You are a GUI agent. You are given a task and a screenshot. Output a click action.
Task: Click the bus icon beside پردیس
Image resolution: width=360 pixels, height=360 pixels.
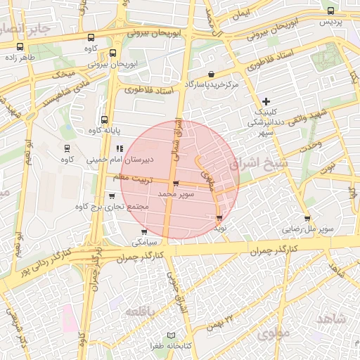pos(331,11)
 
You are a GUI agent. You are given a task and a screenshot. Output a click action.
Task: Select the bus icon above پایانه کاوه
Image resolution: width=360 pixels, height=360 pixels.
pos(105,120)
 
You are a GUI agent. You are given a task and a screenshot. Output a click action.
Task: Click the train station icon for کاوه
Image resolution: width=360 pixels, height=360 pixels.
pos(67,148)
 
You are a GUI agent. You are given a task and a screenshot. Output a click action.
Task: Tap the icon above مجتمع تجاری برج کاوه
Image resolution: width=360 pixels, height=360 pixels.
pos(112,196)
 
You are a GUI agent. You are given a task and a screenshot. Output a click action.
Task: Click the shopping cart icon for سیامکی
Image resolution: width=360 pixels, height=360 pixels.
pos(144,231)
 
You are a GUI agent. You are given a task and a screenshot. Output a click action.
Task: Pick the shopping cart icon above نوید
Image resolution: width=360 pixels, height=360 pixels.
pos(219,218)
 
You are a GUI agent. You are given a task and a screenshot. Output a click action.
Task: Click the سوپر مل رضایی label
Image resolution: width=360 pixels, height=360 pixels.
pos(307,229)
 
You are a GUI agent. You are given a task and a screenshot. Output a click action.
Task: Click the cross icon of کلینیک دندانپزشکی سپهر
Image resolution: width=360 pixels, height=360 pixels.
pos(265,102)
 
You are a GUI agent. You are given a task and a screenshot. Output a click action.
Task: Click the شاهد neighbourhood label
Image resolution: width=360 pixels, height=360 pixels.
pos(332,319)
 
